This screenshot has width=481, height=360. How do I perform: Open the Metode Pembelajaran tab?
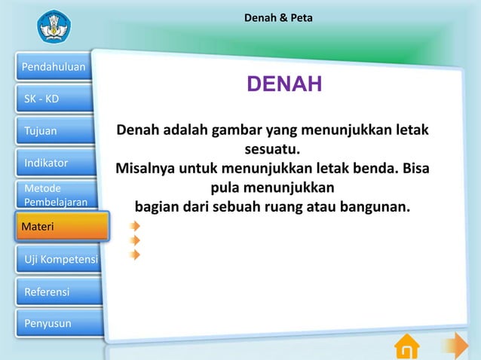coord(53,195)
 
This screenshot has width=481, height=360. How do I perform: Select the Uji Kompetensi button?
coord(53,260)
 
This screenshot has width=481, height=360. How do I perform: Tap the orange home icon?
coord(407,346)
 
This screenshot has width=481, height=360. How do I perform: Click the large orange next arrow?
coord(455,346)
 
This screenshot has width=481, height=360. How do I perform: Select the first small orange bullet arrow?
coord(134,225)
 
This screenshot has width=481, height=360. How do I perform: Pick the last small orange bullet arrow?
coord(134,255)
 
